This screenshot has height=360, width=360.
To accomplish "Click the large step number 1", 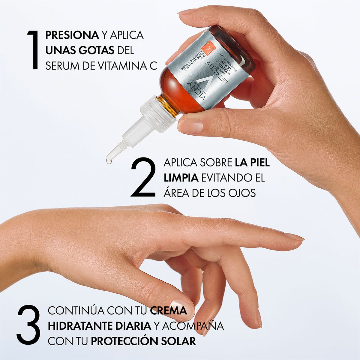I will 33,50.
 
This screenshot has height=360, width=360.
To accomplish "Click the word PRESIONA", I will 72,35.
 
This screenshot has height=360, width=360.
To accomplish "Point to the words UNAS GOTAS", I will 80,50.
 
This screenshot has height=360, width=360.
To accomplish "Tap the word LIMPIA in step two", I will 181,178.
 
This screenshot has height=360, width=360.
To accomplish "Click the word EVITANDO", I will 224,178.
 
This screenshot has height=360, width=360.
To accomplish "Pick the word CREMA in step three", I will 168,310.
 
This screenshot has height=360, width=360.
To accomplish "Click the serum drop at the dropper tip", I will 109,161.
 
